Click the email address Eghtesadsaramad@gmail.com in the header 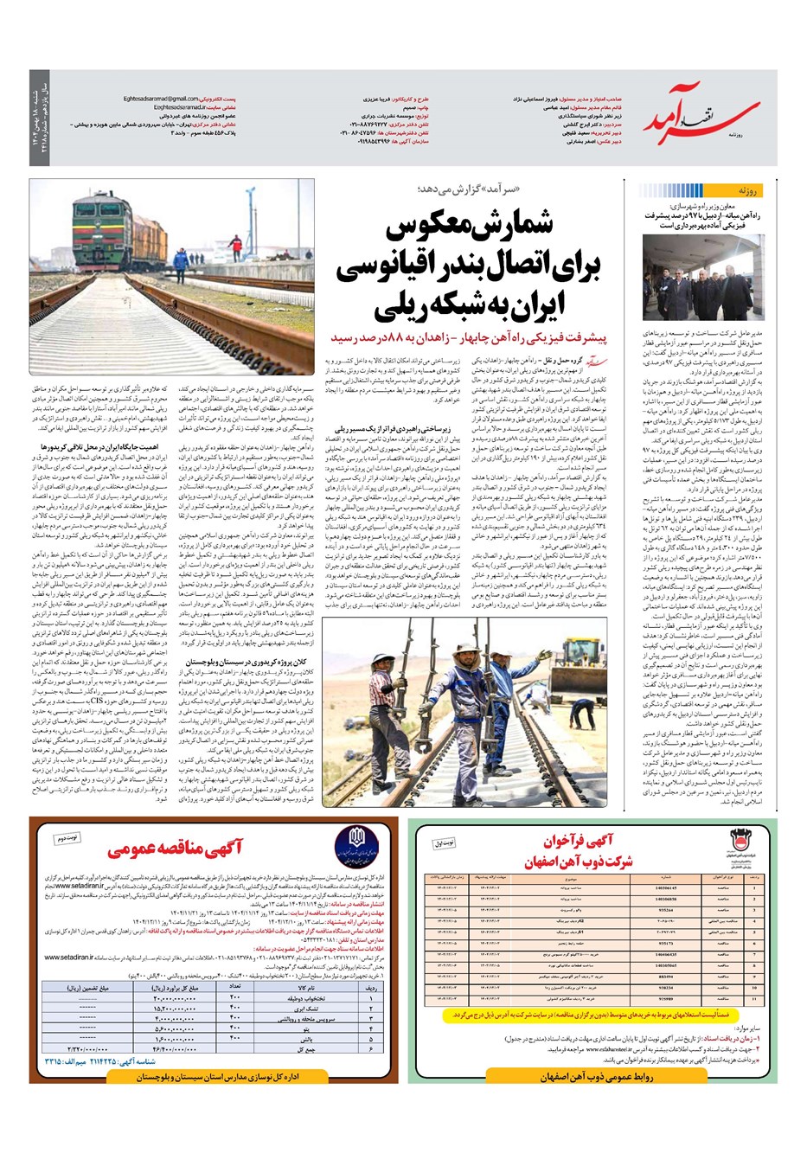[161, 99]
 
